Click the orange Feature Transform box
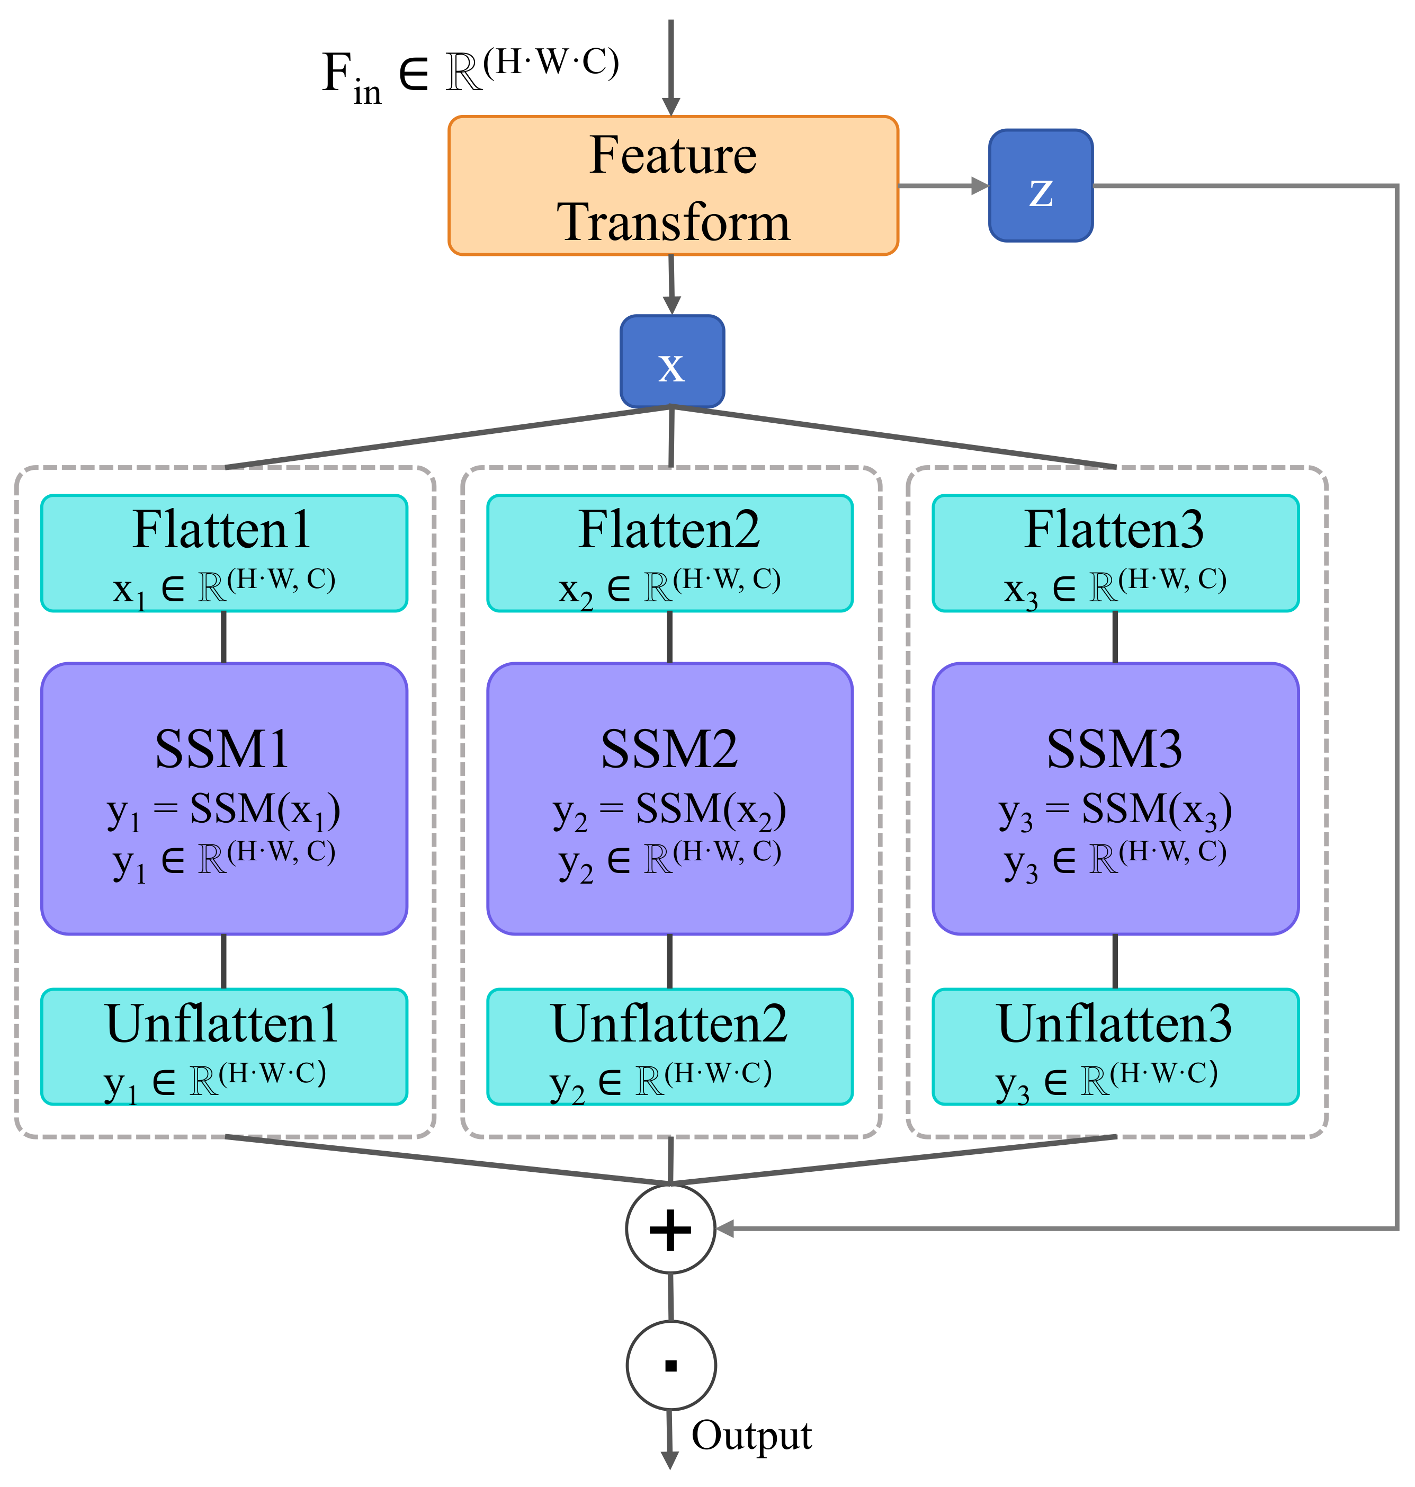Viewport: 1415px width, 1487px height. [x=673, y=185]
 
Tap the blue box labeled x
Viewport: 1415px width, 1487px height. [x=672, y=361]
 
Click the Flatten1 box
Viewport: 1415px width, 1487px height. [x=224, y=553]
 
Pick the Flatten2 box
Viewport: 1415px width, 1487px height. [x=670, y=553]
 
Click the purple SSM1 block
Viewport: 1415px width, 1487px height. [x=224, y=798]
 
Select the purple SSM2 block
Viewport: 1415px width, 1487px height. [x=670, y=798]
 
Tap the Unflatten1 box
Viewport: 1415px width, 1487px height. [x=224, y=1046]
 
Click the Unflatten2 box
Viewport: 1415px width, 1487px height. [x=670, y=1046]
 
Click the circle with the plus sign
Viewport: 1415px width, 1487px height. [x=670, y=1229]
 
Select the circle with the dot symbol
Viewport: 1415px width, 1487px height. [x=670, y=1365]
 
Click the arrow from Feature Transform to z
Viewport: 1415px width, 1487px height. [x=943, y=185]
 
